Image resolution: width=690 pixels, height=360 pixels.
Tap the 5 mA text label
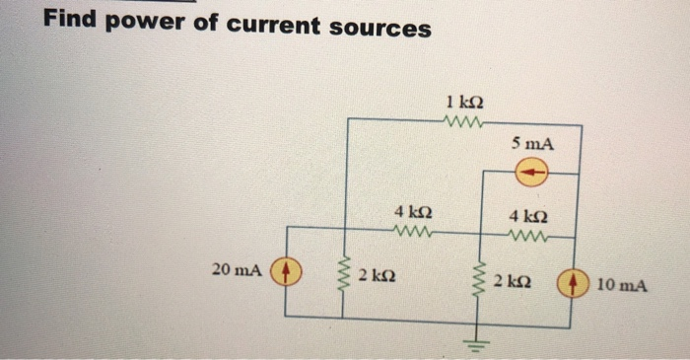(x=532, y=144)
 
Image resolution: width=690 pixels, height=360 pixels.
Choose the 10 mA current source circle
(x=574, y=283)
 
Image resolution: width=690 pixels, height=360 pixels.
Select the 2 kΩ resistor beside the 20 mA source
(x=343, y=277)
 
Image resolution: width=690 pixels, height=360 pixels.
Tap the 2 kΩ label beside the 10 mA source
(x=514, y=283)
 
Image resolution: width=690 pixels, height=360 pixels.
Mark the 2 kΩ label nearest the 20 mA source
(x=378, y=274)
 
